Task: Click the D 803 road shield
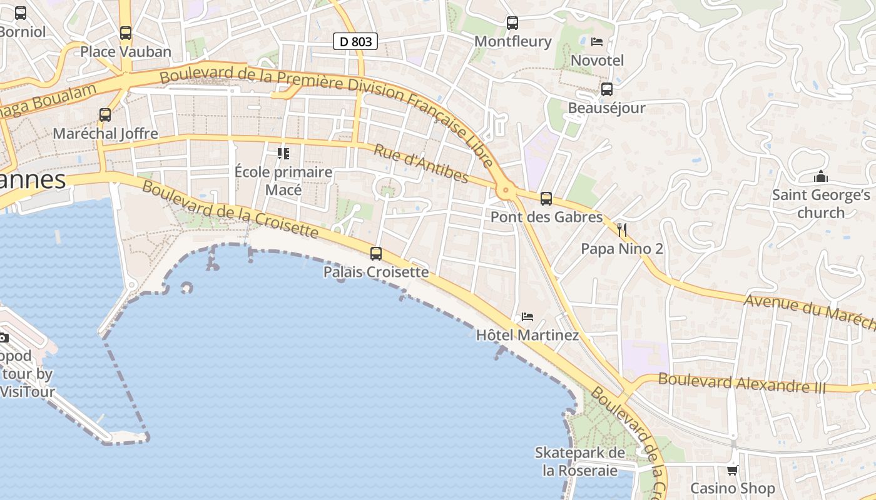click(x=355, y=42)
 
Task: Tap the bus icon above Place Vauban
click(x=126, y=33)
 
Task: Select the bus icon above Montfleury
click(x=512, y=23)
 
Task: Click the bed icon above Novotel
click(x=597, y=42)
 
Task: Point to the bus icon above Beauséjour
click(x=606, y=89)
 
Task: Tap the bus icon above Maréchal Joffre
click(x=105, y=115)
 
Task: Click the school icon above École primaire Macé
click(x=283, y=153)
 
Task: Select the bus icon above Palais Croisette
click(x=375, y=254)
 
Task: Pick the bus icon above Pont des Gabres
click(x=546, y=199)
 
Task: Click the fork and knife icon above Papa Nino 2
click(x=621, y=230)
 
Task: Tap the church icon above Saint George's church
click(x=821, y=177)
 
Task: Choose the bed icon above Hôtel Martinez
click(x=527, y=317)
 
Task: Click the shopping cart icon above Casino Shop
click(x=732, y=470)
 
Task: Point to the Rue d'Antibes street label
click(x=420, y=164)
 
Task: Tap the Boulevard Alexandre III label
click(x=741, y=382)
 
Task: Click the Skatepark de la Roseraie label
click(x=580, y=461)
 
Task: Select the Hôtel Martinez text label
click(x=527, y=335)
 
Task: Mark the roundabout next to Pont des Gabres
click(x=504, y=189)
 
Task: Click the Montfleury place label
click(x=513, y=41)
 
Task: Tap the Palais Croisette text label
click(x=376, y=272)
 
